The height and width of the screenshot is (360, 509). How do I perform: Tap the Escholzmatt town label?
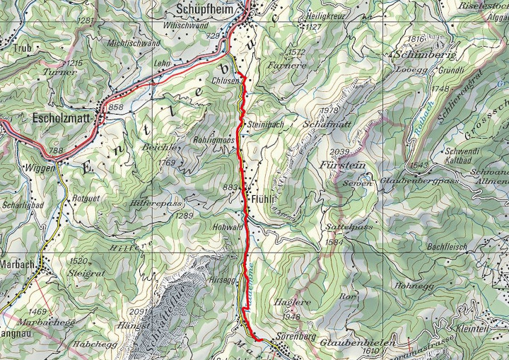62,118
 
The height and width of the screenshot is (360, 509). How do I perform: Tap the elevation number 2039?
339,153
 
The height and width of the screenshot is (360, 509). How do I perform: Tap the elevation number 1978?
330,110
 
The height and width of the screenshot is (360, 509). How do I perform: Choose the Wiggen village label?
39,168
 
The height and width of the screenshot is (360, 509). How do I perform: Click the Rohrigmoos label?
213,140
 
